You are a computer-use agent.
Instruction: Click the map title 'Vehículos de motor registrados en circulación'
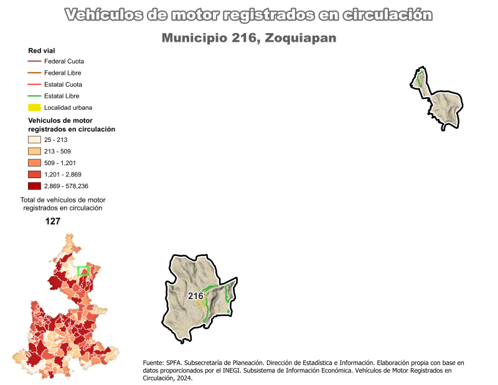pyautogui.click(x=248, y=15)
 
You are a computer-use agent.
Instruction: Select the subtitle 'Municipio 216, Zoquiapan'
pyautogui.click(x=248, y=38)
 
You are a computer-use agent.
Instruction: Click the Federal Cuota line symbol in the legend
pyautogui.click(x=34, y=62)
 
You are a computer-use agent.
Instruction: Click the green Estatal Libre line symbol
pyautogui.click(x=34, y=96)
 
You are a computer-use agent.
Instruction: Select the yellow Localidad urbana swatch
pyautogui.click(x=34, y=107)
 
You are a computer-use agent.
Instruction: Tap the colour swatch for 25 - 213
pyautogui.click(x=34, y=140)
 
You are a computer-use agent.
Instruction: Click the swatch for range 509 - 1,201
pyautogui.click(x=34, y=163)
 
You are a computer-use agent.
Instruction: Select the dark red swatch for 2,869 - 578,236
pyautogui.click(x=34, y=186)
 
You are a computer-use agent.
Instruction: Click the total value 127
pyautogui.click(x=53, y=221)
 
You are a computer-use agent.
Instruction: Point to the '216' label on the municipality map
pyautogui.click(x=195, y=295)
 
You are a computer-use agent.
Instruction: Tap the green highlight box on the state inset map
pyautogui.click(x=83, y=271)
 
